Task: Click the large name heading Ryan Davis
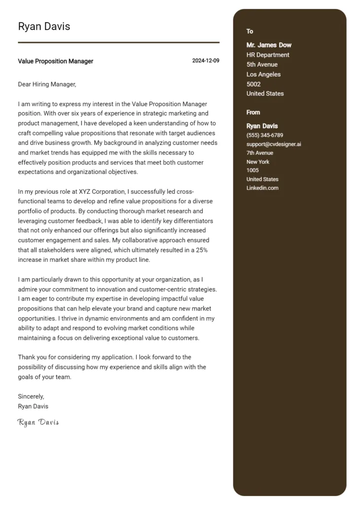point(44,27)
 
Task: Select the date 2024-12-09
point(206,61)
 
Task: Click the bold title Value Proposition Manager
point(55,61)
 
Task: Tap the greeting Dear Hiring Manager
point(47,84)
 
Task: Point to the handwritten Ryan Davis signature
point(38,422)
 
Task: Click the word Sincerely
point(31,397)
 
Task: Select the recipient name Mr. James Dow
point(269,45)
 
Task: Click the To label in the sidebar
point(250,32)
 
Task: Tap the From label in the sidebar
point(253,112)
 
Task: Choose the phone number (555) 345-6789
point(264,135)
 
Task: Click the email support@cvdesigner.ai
point(274,144)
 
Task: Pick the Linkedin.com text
point(262,188)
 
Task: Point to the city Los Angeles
point(263,74)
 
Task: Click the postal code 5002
point(253,84)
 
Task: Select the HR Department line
point(268,55)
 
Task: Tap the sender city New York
point(257,162)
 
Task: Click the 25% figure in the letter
point(201,250)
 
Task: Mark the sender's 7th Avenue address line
point(259,153)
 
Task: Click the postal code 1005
point(252,171)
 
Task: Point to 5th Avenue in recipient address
point(262,65)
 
